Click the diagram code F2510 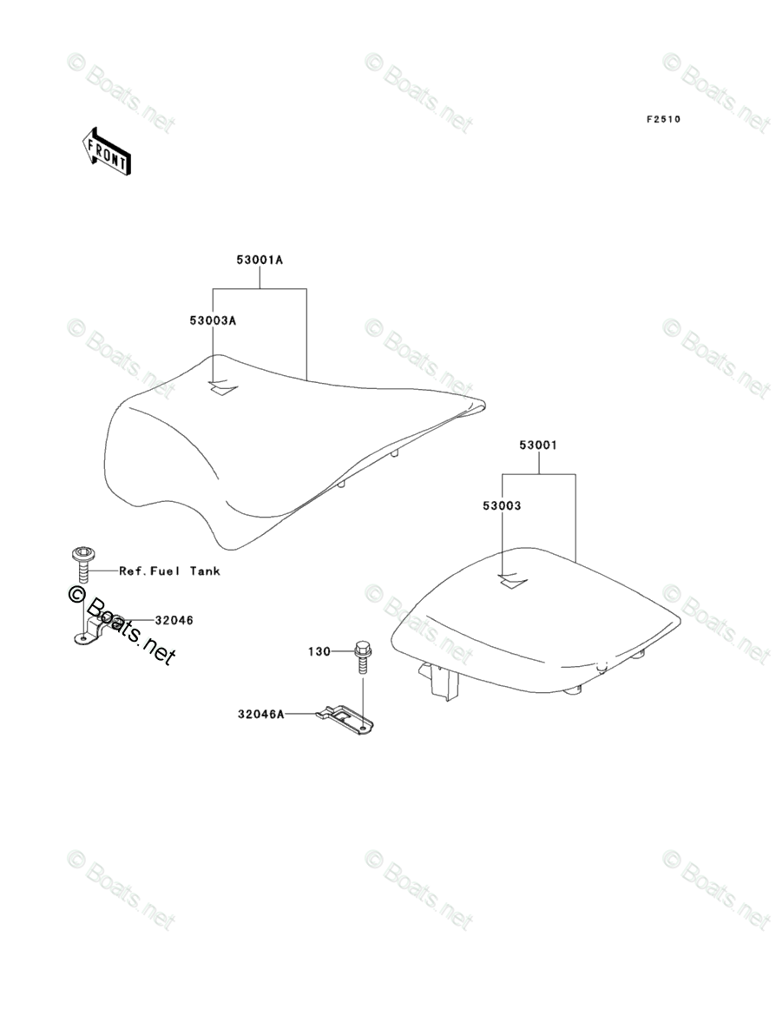(661, 119)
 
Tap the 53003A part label (213, 320)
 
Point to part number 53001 (538, 445)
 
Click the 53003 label (503, 505)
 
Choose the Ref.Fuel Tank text (169, 571)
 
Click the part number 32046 (174, 620)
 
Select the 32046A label (260, 714)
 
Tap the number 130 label (319, 650)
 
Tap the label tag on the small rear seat (512, 581)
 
